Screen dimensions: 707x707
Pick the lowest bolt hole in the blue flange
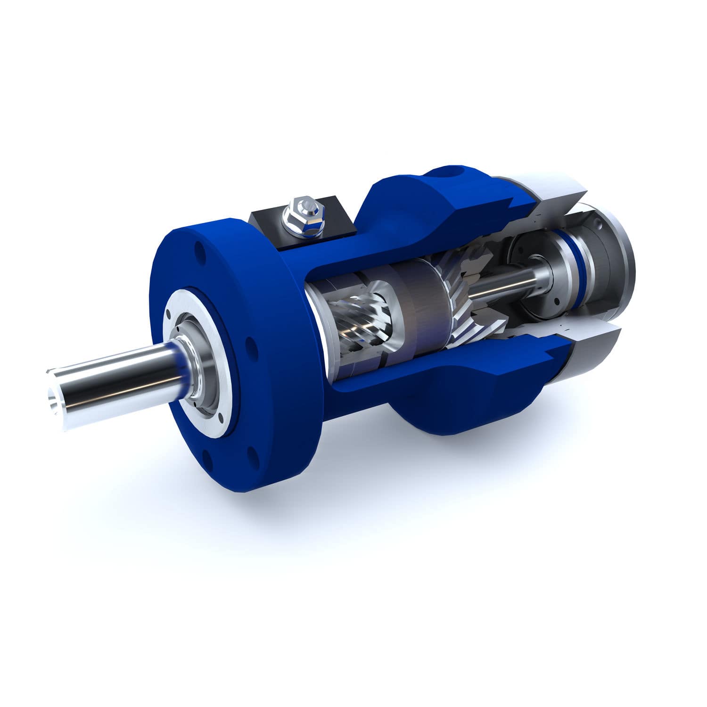click(206, 456)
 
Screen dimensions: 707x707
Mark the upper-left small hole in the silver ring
click(169, 312)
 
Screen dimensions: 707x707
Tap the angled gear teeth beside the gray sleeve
click(460, 302)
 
